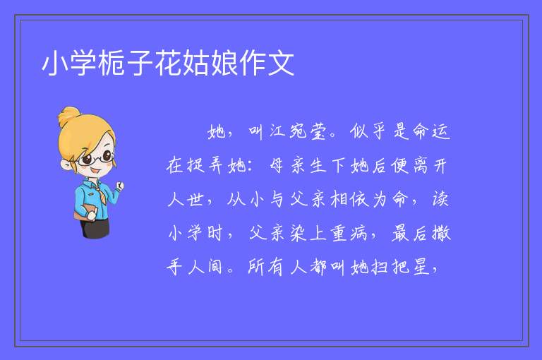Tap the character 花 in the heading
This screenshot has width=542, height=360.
click(169, 63)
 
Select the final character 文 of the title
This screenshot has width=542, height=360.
click(282, 63)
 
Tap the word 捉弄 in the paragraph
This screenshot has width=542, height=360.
click(205, 165)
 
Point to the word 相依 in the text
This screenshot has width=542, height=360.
click(349, 199)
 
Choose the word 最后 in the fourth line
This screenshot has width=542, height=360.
click(409, 233)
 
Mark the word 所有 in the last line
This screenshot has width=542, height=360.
click(265, 267)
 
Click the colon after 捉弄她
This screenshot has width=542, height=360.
click(251, 166)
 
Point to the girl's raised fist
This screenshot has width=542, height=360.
click(120, 186)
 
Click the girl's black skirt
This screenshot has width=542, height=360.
click(95, 228)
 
